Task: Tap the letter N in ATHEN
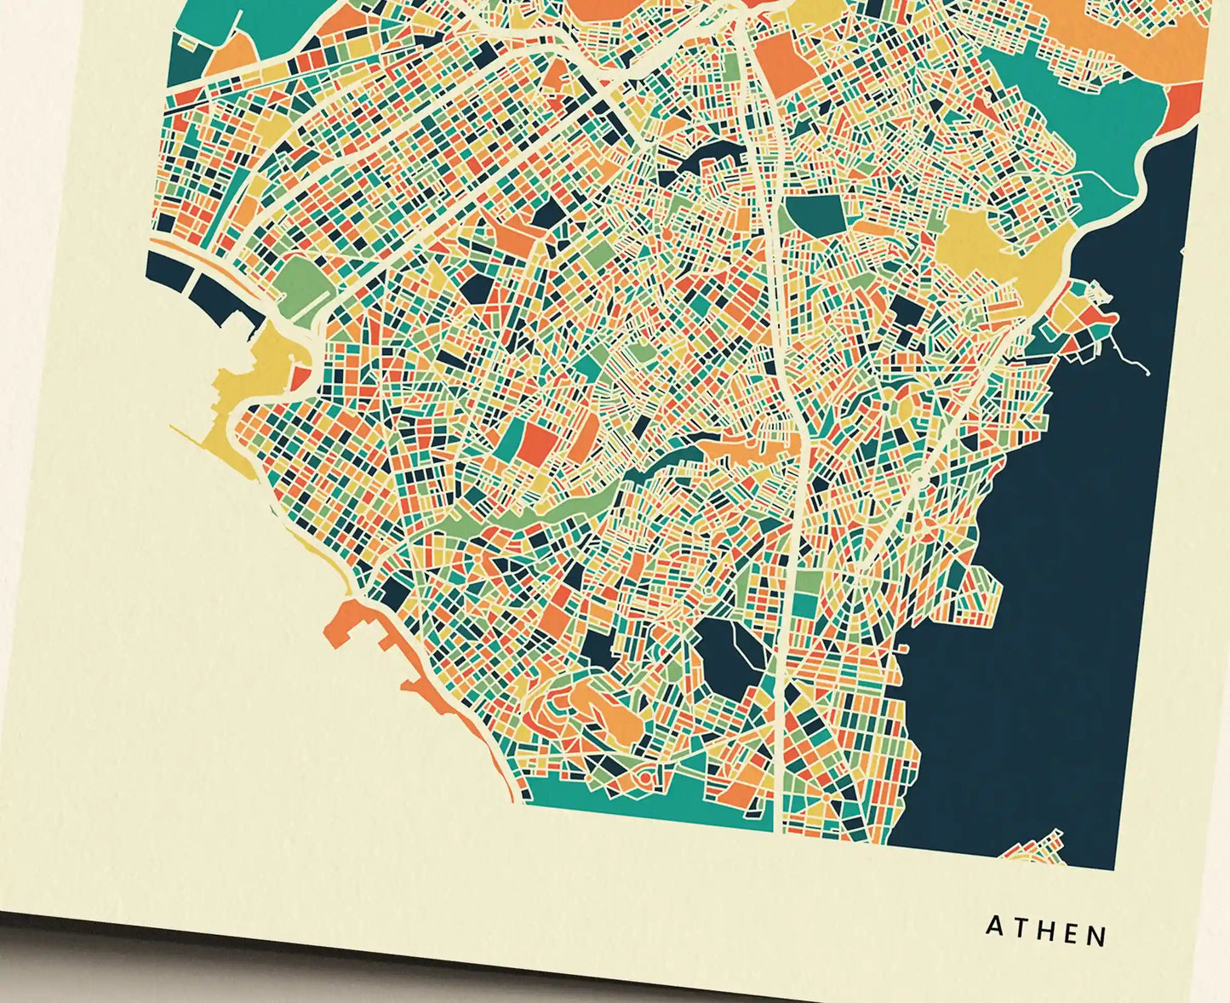(x=1097, y=936)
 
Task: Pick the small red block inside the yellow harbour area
(x=300, y=377)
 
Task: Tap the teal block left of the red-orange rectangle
(x=511, y=438)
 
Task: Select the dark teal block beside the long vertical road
(x=815, y=213)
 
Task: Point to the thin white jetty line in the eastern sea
(x=1132, y=358)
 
